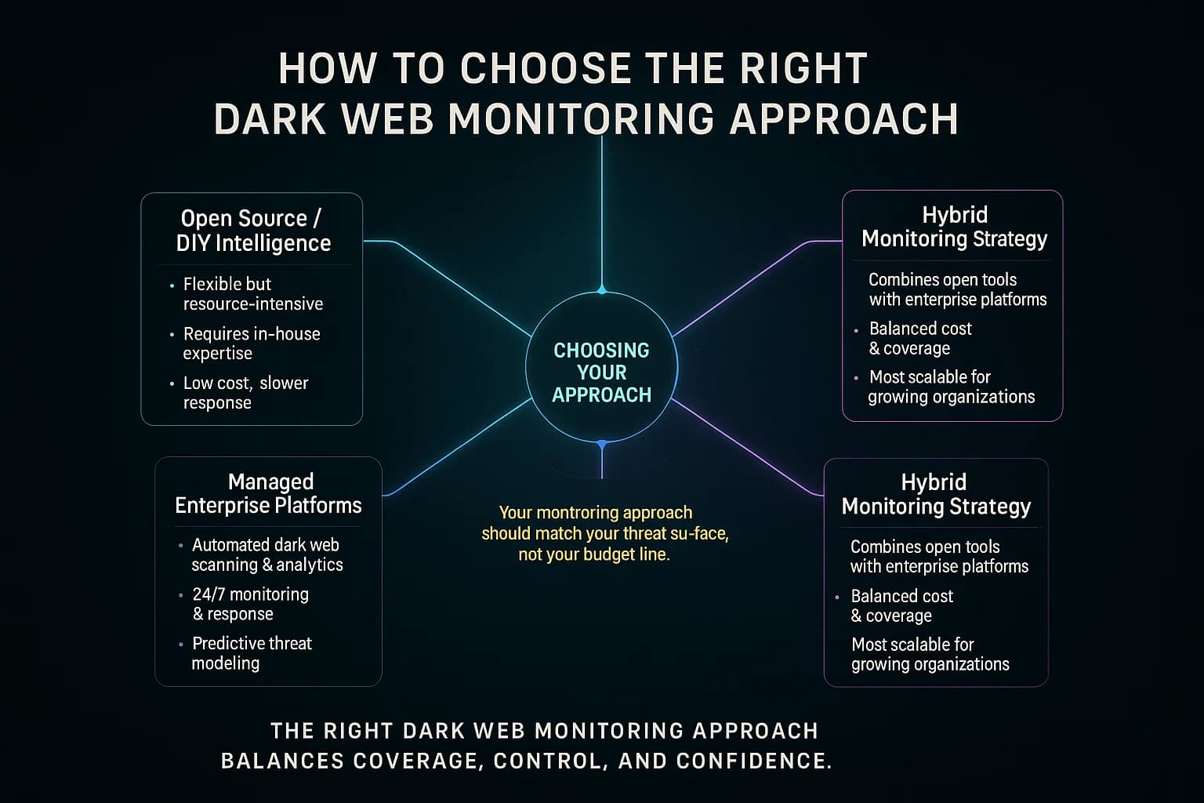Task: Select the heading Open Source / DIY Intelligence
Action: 252,231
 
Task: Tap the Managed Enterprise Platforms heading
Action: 269,493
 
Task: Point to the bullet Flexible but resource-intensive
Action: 252,294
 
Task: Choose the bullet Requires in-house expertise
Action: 251,343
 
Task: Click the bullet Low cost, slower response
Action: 245,393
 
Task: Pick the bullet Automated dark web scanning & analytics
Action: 267,554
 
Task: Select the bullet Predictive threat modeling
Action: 251,653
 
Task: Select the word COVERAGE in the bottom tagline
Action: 416,761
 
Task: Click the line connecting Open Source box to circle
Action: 462,290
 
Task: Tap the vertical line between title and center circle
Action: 602,212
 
